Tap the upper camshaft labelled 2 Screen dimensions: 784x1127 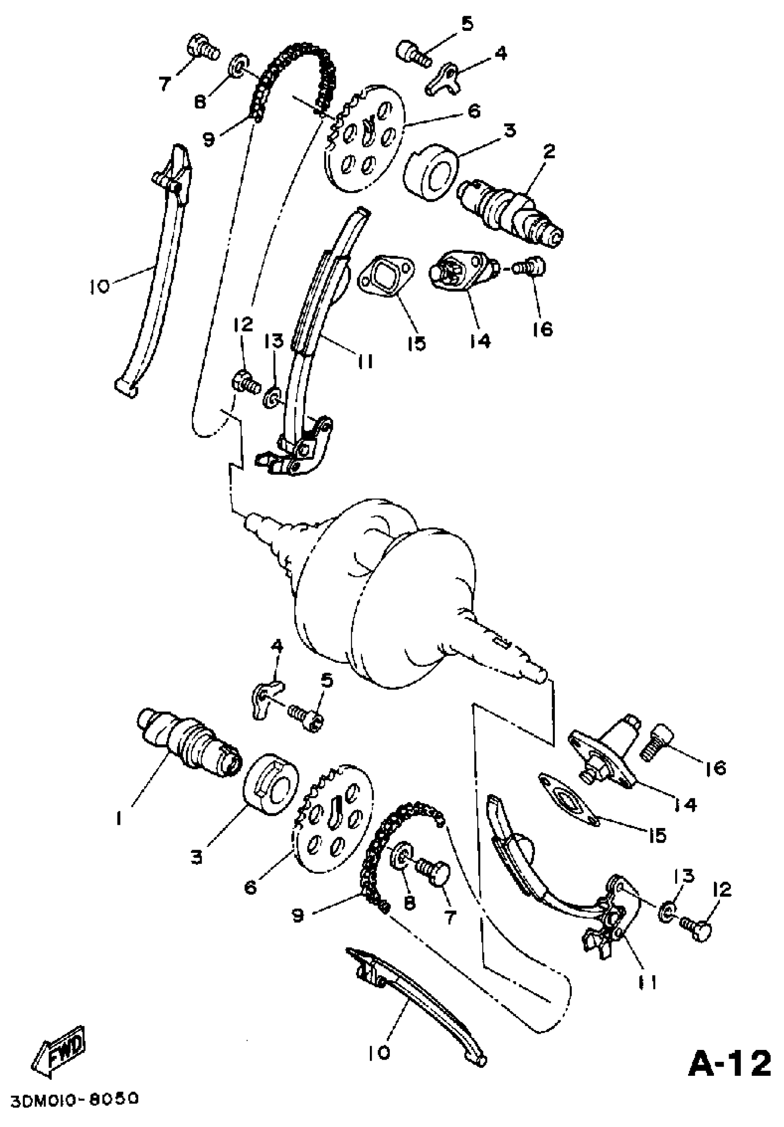tap(510, 214)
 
